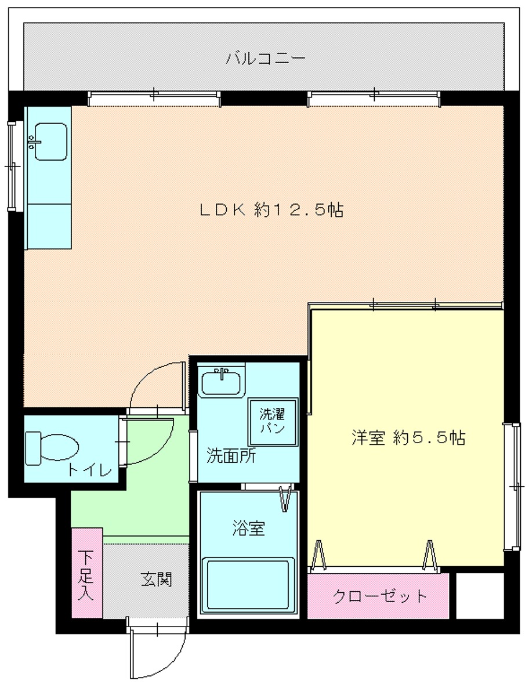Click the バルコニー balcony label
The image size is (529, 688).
pos(266,58)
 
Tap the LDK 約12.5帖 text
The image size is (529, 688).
pos(271,210)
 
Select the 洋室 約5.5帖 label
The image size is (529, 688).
pos(408,437)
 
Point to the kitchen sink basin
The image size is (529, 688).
pos(50,142)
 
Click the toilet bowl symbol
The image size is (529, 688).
pos(52,448)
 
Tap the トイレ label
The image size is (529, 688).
pos(90,471)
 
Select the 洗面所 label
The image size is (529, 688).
pos(231,457)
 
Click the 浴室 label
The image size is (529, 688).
pos(248,528)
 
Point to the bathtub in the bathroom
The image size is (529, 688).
pos(248,585)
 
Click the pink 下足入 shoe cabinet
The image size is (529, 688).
pos(87,573)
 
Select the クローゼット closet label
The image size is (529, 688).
pos(379,596)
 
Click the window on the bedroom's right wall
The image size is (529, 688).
pos(512,487)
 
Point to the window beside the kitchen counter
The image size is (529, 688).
pos(12,166)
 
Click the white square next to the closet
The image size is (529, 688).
pos(480,595)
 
